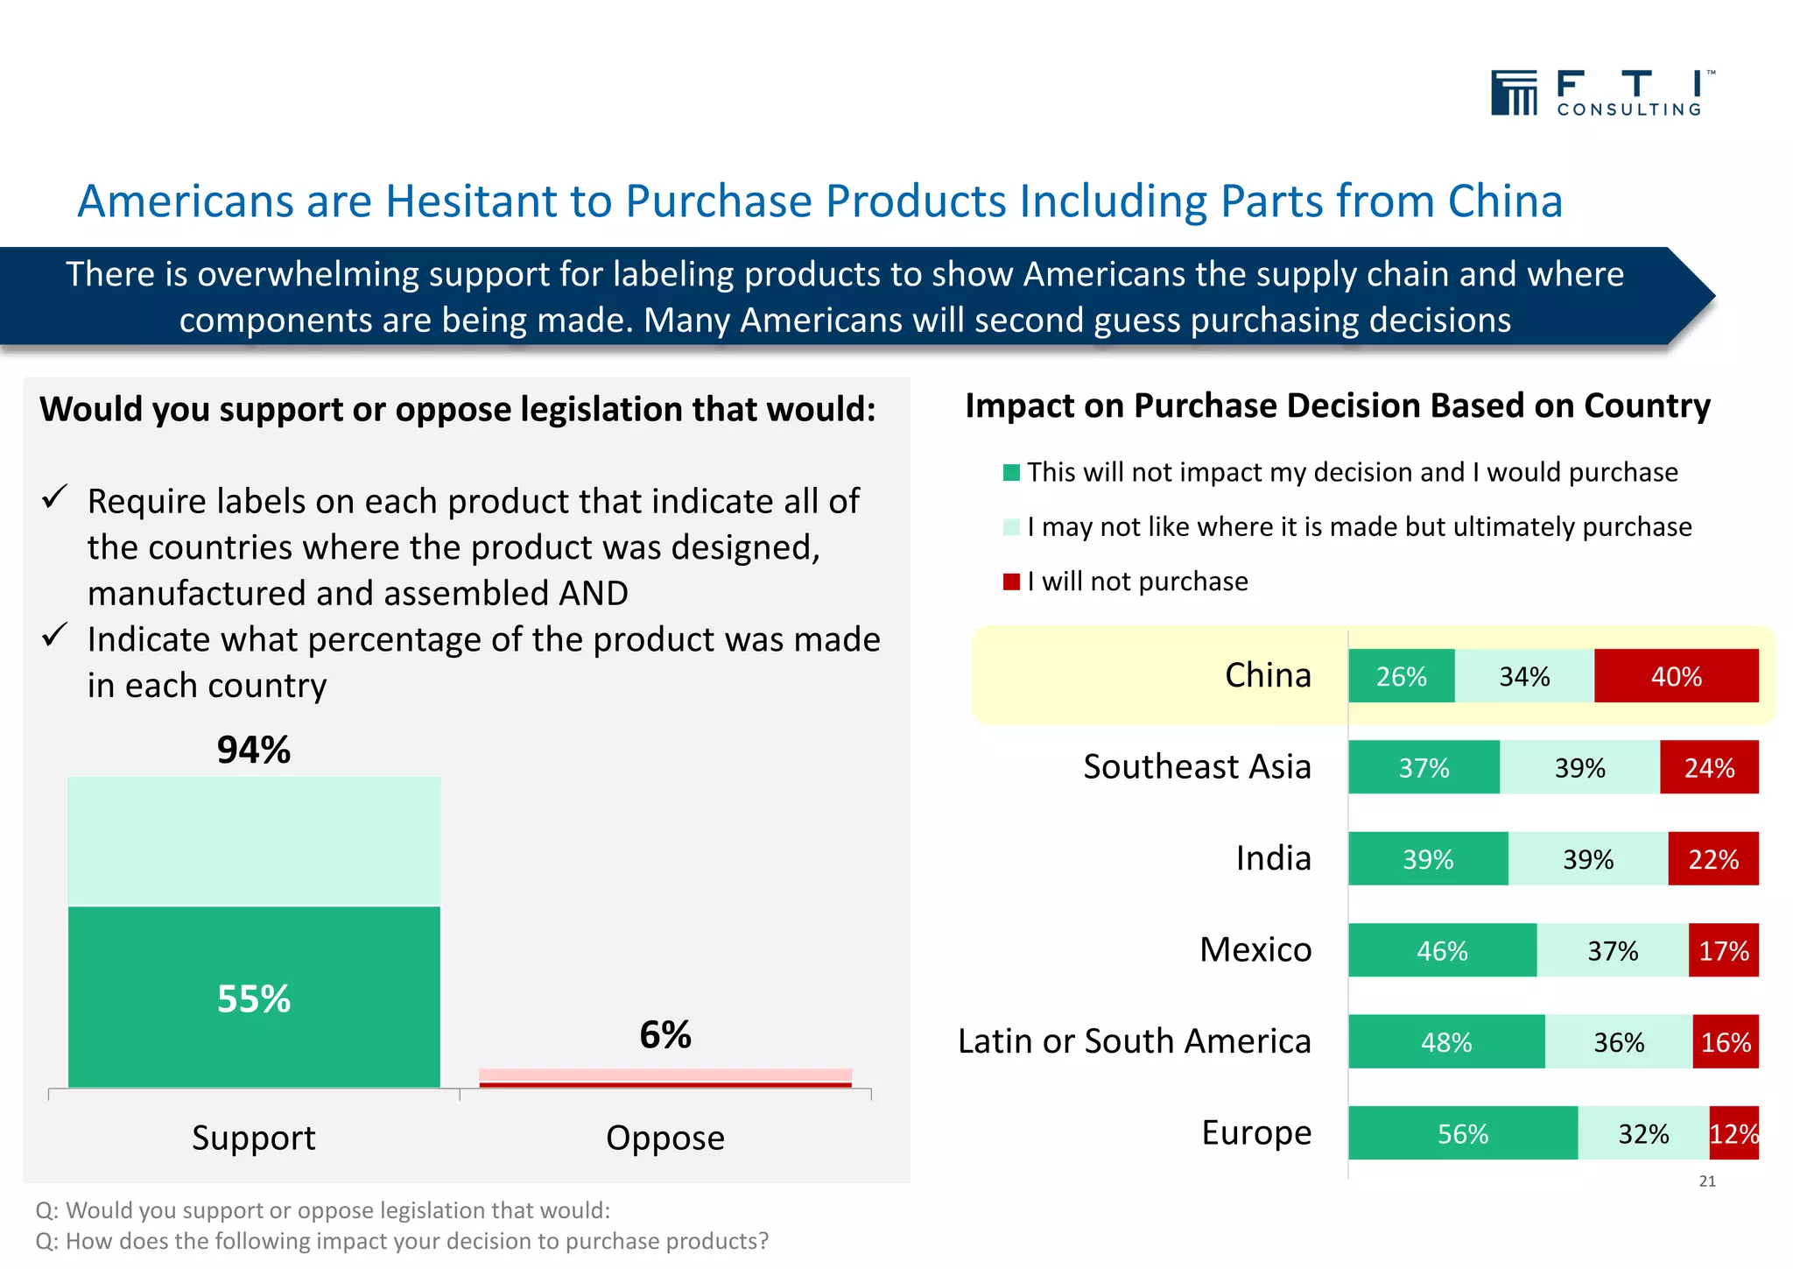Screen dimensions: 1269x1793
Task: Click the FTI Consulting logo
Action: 1602,93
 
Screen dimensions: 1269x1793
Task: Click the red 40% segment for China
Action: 1676,676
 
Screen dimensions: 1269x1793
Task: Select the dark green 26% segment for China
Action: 1401,676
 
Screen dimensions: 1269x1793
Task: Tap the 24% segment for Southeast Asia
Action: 1708,768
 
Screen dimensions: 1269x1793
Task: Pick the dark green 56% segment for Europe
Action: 1462,1133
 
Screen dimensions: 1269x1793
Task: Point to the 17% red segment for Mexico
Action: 1723,950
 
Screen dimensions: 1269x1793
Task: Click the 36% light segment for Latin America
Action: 1618,1042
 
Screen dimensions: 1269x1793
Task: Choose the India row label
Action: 1273,858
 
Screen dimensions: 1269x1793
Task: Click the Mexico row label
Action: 1255,949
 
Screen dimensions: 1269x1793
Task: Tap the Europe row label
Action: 1256,1132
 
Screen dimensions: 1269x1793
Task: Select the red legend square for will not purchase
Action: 1011,582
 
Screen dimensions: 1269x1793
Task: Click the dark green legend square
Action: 1011,473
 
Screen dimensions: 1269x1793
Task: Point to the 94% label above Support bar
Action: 254,750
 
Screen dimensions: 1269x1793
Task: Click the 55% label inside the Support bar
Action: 254,998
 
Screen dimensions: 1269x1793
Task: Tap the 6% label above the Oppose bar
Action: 665,1035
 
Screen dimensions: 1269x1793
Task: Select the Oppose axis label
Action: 665,1138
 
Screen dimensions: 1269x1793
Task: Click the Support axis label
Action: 254,1138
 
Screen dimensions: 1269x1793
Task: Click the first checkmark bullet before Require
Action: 55,497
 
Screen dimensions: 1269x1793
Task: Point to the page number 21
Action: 1707,1181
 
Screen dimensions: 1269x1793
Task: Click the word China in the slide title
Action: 1505,201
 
